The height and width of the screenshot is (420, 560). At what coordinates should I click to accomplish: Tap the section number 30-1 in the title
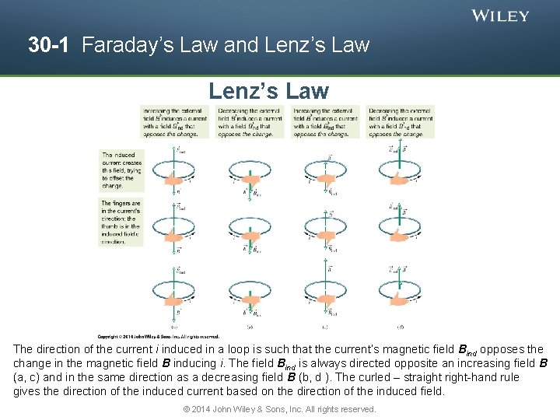51,45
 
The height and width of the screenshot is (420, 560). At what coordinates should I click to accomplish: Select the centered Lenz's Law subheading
268,91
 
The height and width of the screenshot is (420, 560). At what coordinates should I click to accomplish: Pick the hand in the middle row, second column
250,236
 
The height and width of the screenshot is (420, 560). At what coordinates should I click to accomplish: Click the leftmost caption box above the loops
174,122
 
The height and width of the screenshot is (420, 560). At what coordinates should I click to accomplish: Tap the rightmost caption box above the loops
401,122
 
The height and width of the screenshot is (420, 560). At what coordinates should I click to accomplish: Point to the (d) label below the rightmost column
400,327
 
